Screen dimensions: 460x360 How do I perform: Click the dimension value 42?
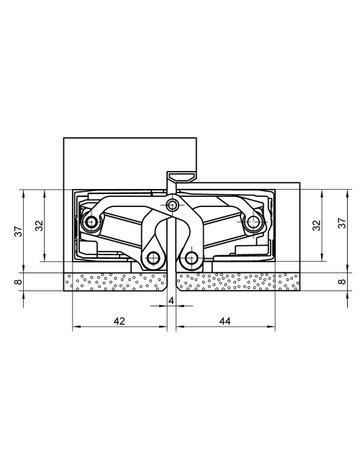coord(118,322)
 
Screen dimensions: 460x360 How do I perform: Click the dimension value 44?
coord(224,322)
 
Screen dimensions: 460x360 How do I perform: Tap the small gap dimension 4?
coord(172,300)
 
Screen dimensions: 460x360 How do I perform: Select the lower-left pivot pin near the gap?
coord(153,258)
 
